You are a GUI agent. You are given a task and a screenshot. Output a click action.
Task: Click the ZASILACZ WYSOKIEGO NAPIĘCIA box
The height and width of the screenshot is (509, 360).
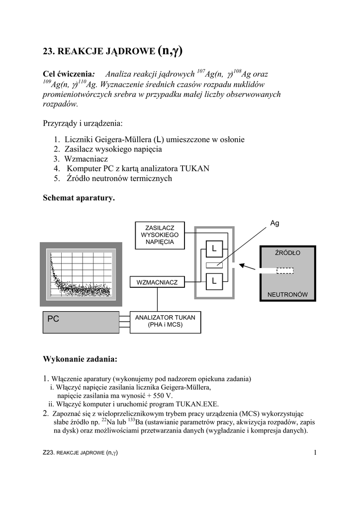[x=160, y=235]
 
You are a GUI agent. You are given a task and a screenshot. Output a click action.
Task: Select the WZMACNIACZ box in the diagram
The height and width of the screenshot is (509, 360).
[x=157, y=282]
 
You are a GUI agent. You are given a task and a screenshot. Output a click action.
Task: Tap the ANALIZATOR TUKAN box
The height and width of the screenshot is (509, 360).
[x=165, y=322]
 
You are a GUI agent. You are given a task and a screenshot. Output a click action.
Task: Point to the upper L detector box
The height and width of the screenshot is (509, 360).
[x=214, y=248]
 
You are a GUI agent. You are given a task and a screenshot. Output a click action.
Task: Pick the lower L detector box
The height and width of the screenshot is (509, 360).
[x=214, y=281]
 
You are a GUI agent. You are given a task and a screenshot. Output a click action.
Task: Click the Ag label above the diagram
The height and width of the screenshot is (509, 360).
[x=275, y=223]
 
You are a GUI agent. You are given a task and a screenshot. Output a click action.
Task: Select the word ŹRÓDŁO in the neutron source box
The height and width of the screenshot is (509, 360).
[x=288, y=253]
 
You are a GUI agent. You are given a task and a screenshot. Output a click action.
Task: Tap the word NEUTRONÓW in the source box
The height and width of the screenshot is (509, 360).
[x=287, y=294]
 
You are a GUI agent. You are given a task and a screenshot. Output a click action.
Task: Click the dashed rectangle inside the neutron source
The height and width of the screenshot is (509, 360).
[x=285, y=270]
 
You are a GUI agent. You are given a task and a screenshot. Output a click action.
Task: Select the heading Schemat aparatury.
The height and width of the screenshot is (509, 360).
[x=79, y=198]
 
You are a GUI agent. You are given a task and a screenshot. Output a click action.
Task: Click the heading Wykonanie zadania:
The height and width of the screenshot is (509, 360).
[x=80, y=358]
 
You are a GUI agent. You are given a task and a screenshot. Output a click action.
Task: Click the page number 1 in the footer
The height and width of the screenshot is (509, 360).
[x=315, y=452]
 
